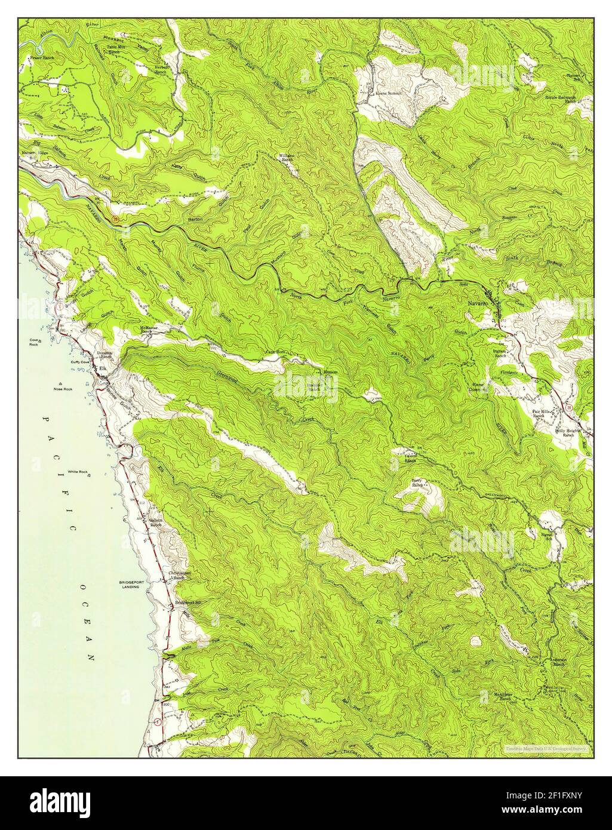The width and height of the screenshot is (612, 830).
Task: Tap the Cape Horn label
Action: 276,353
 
